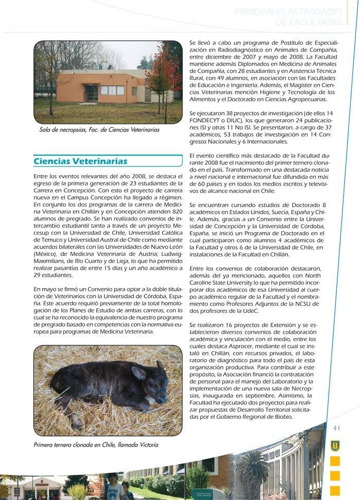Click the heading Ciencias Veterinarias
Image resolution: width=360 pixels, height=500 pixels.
[x=80, y=161]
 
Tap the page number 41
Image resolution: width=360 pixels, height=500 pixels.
[x=337, y=428]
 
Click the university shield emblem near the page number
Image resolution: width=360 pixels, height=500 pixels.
[x=335, y=445]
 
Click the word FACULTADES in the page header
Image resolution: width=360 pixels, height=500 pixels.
[x=309, y=22]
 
